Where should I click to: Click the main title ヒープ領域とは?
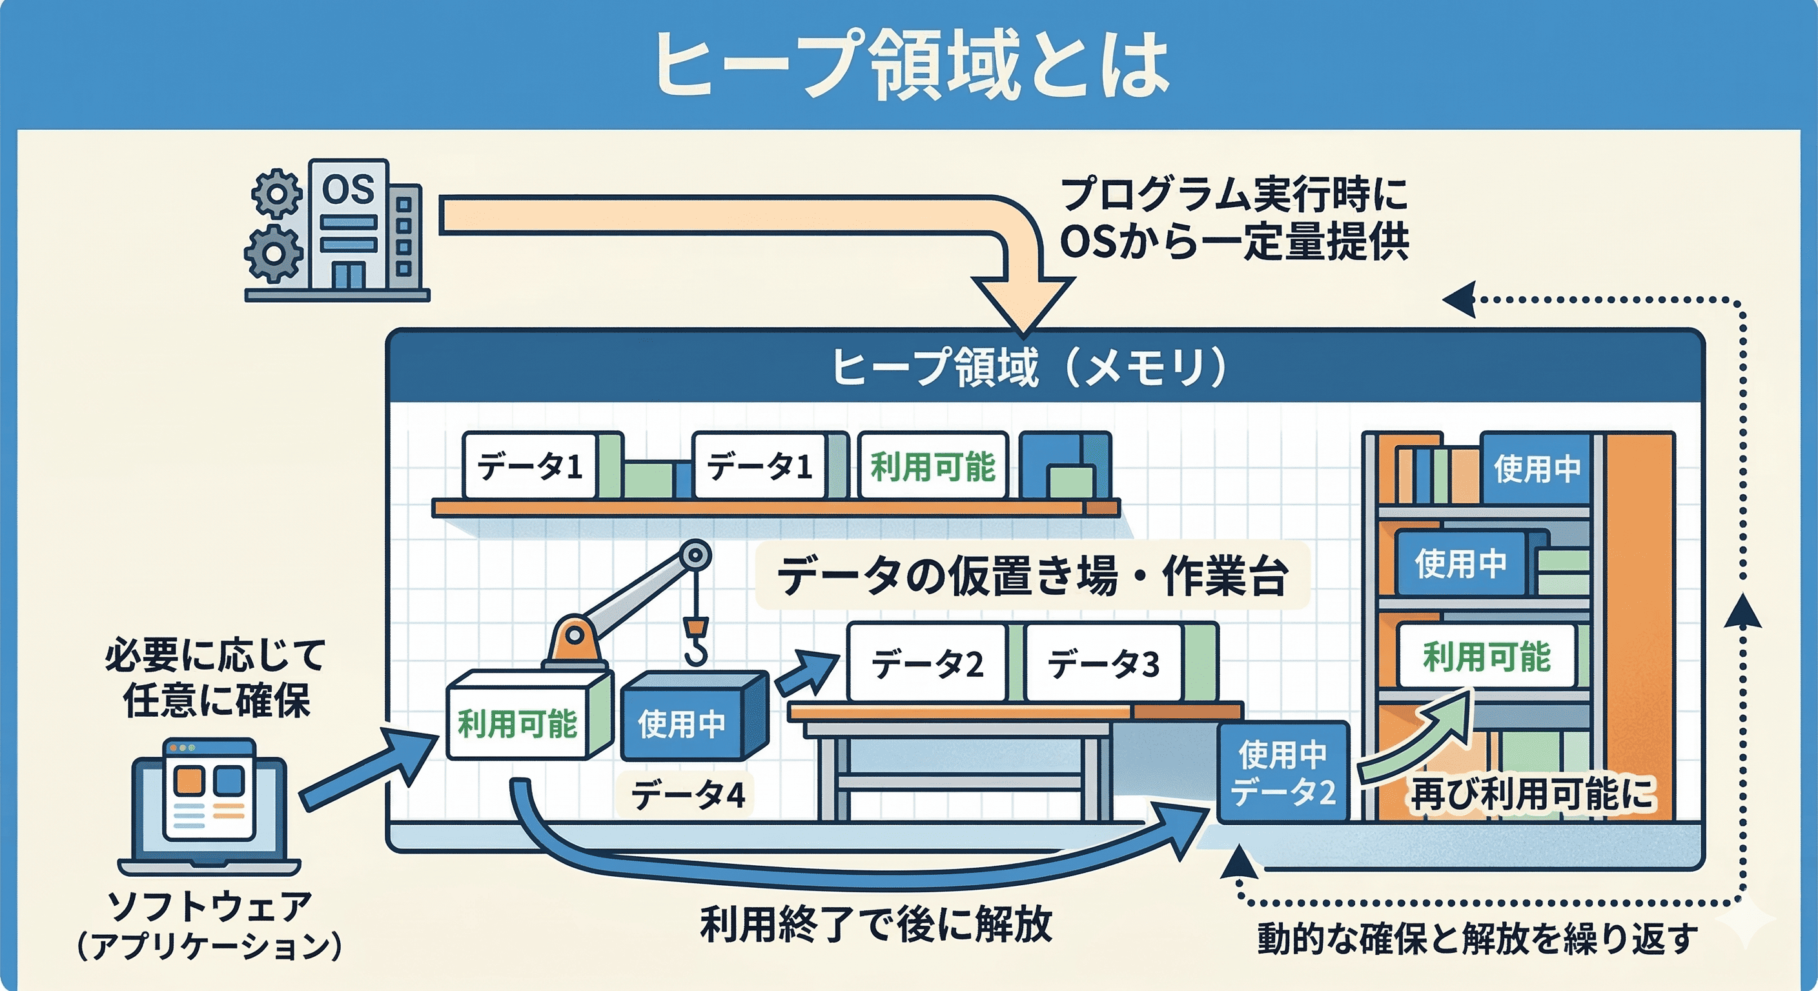(910, 65)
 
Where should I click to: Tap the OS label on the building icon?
(347, 189)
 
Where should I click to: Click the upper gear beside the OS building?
(276, 192)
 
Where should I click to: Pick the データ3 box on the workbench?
(1103, 664)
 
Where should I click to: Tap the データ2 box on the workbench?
(926, 664)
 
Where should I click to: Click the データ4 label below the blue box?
(688, 796)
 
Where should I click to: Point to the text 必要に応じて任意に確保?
(215, 678)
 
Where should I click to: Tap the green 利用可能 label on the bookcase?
(1486, 656)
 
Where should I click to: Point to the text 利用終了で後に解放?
(876, 925)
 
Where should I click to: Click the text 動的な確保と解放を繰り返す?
(1477, 939)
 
